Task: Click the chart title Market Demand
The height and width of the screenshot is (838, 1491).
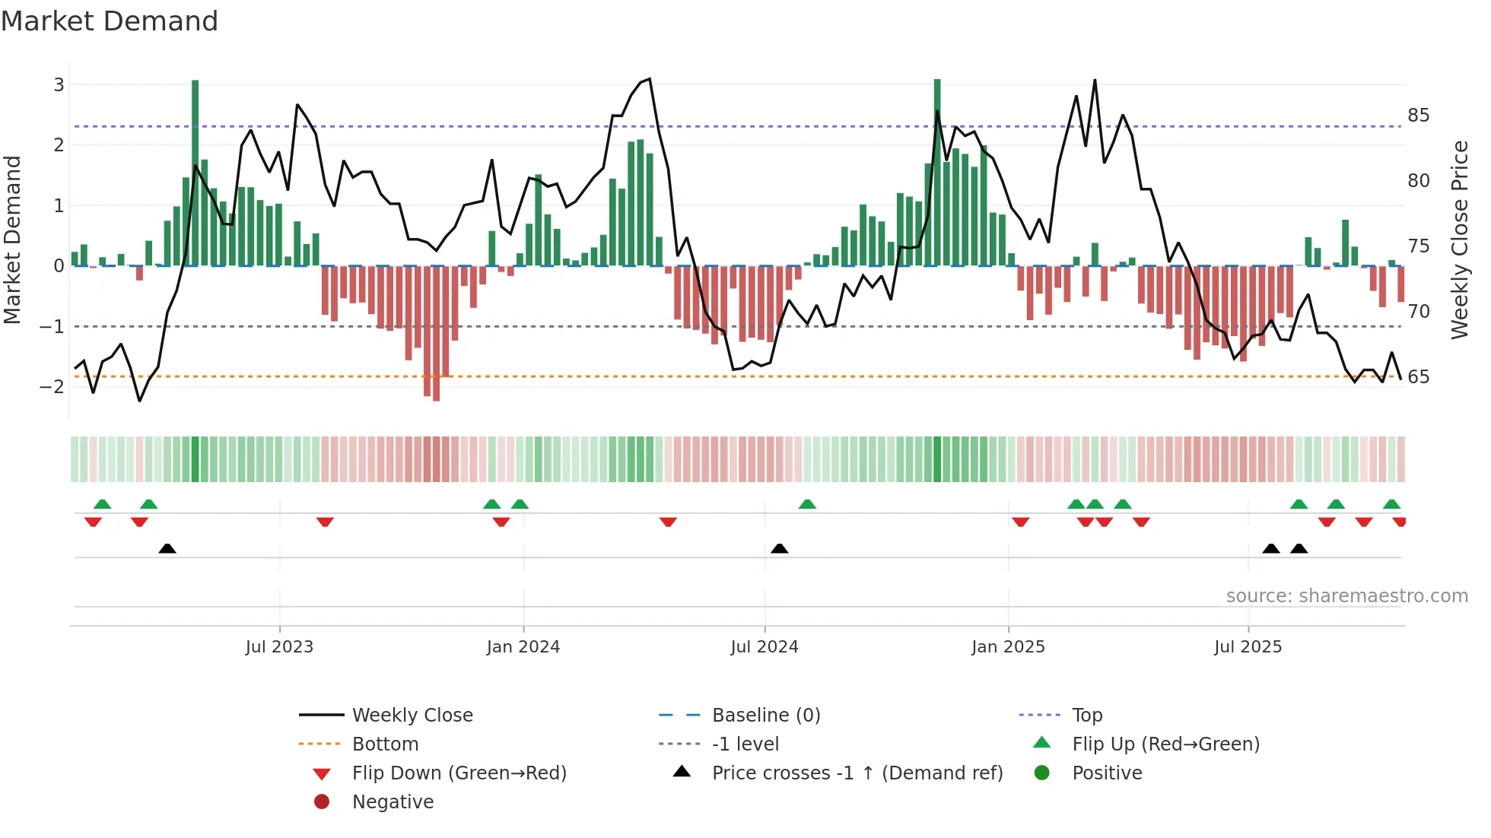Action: (x=110, y=21)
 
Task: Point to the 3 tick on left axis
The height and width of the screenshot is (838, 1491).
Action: (x=59, y=84)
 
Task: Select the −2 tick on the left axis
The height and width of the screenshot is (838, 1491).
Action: (x=52, y=386)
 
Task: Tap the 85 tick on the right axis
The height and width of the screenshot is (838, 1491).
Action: (x=1419, y=116)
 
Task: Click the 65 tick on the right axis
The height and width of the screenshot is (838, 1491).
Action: (x=1419, y=377)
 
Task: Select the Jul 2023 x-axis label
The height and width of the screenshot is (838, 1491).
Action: (x=279, y=647)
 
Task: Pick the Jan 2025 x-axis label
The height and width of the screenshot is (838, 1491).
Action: (x=1008, y=647)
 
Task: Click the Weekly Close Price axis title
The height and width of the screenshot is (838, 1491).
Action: (x=1459, y=240)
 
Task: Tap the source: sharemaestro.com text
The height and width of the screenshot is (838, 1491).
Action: (x=1346, y=596)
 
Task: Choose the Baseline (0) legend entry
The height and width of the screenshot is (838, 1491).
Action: (x=766, y=716)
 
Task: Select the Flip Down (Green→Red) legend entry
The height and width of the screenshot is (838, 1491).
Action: (x=459, y=773)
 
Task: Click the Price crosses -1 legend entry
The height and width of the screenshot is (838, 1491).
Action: (x=857, y=773)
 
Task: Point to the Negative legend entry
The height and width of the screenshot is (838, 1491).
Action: (x=393, y=802)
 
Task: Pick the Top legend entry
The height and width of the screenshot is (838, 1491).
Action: (x=1087, y=716)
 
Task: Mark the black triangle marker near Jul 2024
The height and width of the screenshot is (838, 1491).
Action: (x=779, y=548)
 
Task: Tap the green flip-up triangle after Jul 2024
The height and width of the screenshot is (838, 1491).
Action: (x=807, y=504)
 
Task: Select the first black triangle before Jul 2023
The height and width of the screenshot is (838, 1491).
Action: (x=167, y=548)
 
